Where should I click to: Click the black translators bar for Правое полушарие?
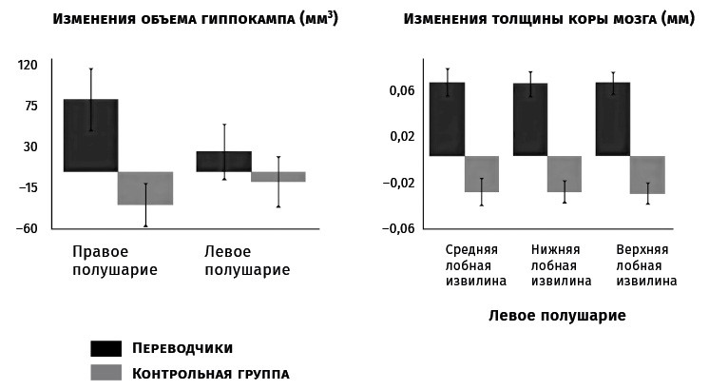90,135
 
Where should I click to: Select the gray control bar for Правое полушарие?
144,188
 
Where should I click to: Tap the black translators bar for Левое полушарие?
224,162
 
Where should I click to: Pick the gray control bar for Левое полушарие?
278,177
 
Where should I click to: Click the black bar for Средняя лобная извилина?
447,119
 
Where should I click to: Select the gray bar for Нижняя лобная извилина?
564,174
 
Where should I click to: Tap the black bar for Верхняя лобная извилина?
613,119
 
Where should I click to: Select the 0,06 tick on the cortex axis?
401,90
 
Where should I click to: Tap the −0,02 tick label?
398,183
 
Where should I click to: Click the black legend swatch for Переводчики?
105,348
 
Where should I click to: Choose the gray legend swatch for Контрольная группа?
105,373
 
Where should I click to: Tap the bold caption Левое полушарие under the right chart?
558,316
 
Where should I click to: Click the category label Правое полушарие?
115,261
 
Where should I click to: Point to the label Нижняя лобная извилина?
561,265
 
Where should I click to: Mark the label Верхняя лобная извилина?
646,265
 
